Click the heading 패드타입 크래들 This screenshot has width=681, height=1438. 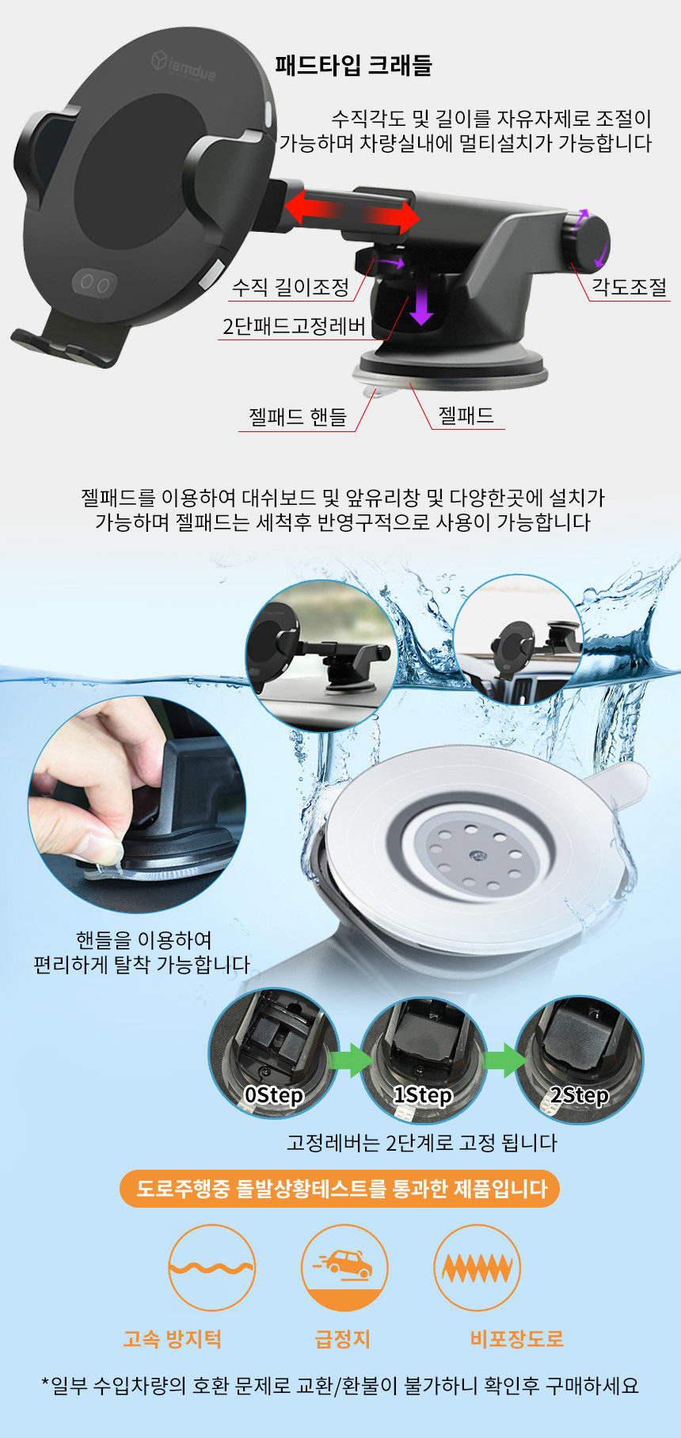pyautogui.click(x=353, y=65)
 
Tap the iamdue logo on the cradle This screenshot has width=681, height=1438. pyautogui.click(x=184, y=66)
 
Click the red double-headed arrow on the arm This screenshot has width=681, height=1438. pyautogui.click(x=352, y=210)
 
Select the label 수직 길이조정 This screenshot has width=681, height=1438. pyautogui.click(x=291, y=287)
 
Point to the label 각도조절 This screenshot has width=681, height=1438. pyautogui.click(x=630, y=287)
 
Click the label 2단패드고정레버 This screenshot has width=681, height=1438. pyautogui.click(x=294, y=327)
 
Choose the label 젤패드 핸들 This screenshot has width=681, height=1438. pyautogui.click(x=298, y=417)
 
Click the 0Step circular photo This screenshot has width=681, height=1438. pyautogui.click(x=274, y=1053)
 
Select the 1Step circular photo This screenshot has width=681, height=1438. pyautogui.click(x=424, y=1060)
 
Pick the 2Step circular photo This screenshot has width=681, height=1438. pyautogui.click(x=579, y=1059)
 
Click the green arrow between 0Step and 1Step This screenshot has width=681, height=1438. pyautogui.click(x=350, y=1060)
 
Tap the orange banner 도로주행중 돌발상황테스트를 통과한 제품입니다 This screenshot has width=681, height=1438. pyautogui.click(x=340, y=1189)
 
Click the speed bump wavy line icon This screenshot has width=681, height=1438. pyautogui.click(x=211, y=1268)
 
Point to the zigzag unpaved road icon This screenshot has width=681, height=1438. pyautogui.click(x=477, y=1268)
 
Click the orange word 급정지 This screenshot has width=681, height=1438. pyautogui.click(x=343, y=1339)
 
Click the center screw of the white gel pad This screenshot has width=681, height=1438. pyautogui.click(x=477, y=856)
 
